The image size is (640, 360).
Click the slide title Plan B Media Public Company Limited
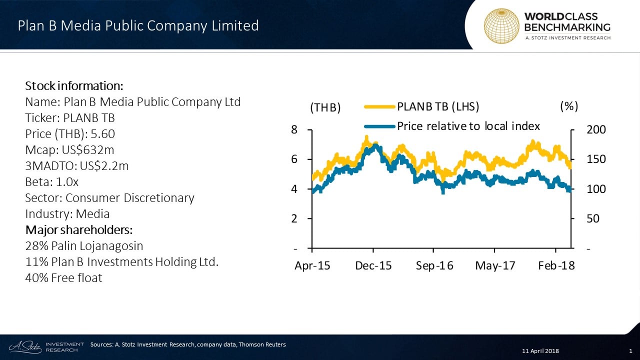point(138,25)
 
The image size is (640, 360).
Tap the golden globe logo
point(501,25)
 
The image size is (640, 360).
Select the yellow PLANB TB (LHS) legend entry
point(422,106)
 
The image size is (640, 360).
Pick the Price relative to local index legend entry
point(452,126)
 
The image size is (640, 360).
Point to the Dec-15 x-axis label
point(373,266)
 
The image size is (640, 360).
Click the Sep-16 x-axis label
point(434,266)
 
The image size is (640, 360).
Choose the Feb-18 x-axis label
point(556,266)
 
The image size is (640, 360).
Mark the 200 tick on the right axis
point(596,130)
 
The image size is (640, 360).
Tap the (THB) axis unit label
point(325,107)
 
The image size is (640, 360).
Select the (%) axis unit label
point(569,106)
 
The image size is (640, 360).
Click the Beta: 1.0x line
point(52,182)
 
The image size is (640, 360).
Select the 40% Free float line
point(63,278)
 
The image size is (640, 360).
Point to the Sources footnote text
point(188,344)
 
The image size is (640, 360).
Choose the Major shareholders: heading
point(79,230)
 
